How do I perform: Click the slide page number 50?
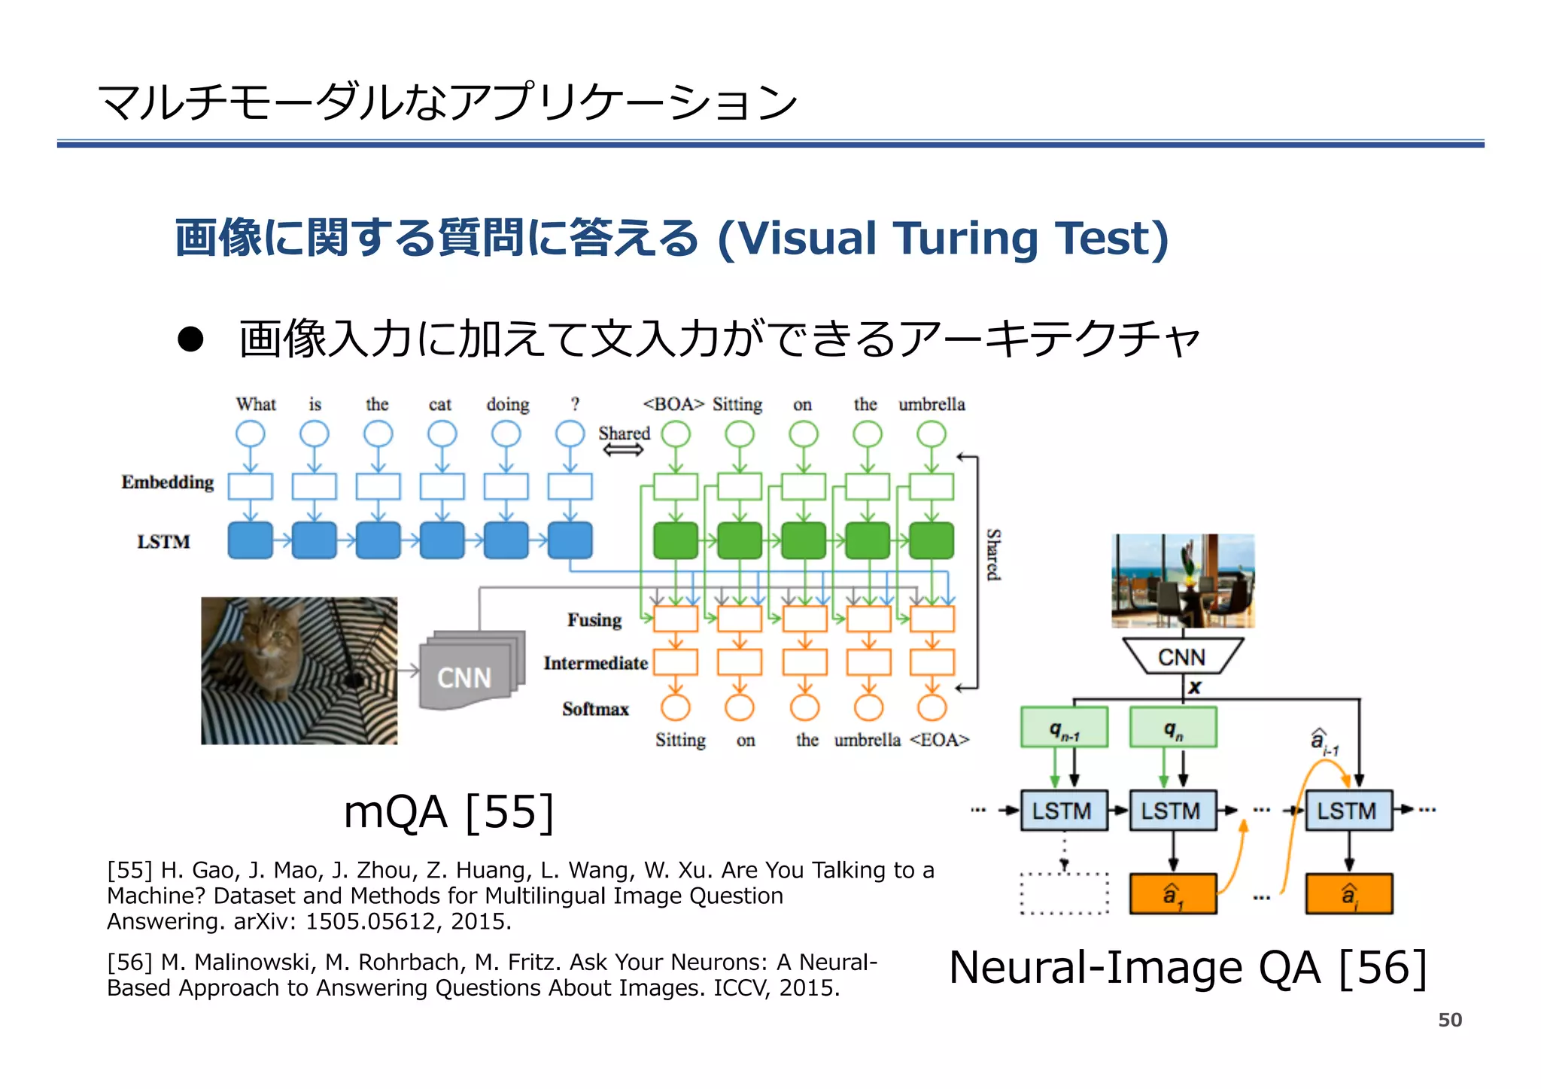[x=1449, y=1020]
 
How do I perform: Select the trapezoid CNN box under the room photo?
[x=1181, y=657]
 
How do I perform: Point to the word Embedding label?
[x=168, y=482]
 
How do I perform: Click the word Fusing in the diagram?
[x=594, y=620]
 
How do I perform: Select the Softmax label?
[x=595, y=709]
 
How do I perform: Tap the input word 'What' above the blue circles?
[x=256, y=404]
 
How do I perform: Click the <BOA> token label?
[x=673, y=404]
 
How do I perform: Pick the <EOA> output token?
[x=939, y=740]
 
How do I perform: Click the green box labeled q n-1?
[x=1064, y=728]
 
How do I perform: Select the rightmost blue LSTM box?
[x=1348, y=811]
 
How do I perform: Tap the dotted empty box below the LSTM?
[x=1064, y=894]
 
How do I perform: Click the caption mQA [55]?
[x=448, y=813]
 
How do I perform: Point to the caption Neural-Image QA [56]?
[x=1187, y=968]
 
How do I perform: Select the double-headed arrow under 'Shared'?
[x=623, y=450]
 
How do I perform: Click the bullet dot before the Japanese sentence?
[x=190, y=339]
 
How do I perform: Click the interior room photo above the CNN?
[x=1182, y=581]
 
